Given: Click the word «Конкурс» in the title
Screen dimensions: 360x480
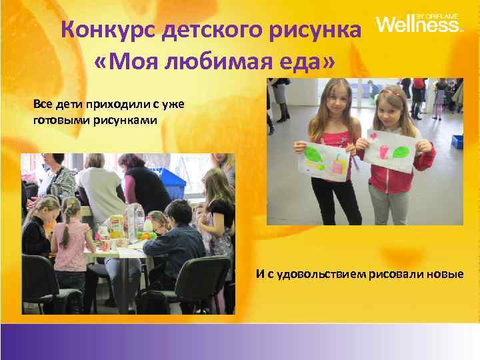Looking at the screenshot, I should [x=102, y=31].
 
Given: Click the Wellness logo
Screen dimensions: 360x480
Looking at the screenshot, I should [x=418, y=25].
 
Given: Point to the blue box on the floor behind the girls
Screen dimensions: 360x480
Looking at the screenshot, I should [x=457, y=141].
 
